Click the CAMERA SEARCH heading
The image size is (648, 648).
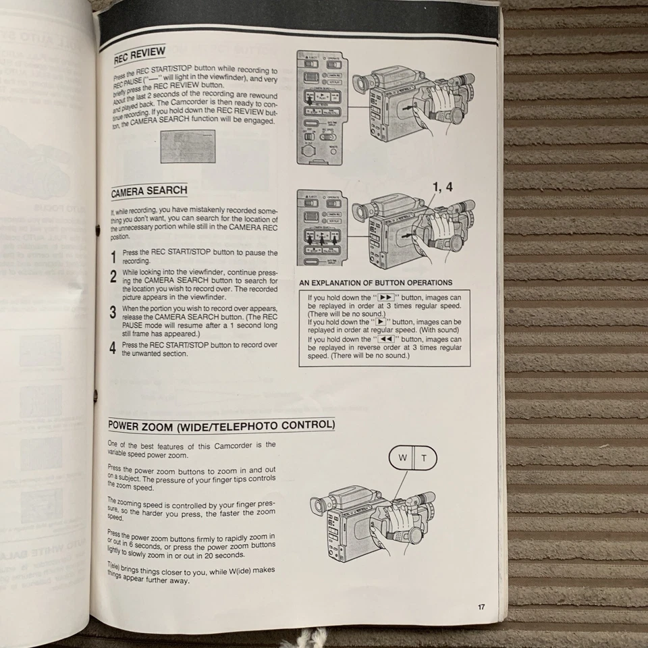pyautogui.click(x=149, y=191)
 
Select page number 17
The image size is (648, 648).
pyautogui.click(x=481, y=607)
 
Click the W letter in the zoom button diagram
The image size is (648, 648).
pyautogui.click(x=402, y=458)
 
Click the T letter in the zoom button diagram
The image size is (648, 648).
pyautogui.click(x=424, y=458)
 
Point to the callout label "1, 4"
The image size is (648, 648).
pyautogui.click(x=440, y=188)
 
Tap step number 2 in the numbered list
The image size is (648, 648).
pyautogui.click(x=113, y=276)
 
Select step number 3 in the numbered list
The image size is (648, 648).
pyautogui.click(x=113, y=313)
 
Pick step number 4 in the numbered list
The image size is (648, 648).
pyautogui.click(x=113, y=349)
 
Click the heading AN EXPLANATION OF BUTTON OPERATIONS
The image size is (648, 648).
pyautogui.click(x=375, y=283)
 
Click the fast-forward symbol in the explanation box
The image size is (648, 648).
pyautogui.click(x=385, y=297)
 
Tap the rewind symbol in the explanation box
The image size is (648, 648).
pyautogui.click(x=385, y=340)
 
